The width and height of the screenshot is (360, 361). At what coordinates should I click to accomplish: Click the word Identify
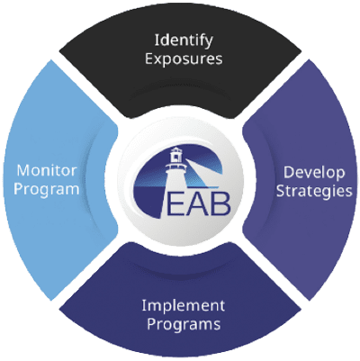(x=184, y=41)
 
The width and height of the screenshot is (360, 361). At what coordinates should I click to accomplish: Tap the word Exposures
(x=184, y=59)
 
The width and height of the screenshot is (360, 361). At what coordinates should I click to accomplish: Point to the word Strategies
(x=314, y=192)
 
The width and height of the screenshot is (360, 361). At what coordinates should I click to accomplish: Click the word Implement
(x=183, y=306)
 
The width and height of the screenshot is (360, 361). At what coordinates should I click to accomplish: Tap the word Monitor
(x=47, y=171)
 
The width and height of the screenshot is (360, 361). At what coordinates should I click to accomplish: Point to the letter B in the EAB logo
(x=220, y=204)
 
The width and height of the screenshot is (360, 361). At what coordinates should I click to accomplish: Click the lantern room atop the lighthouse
(x=176, y=155)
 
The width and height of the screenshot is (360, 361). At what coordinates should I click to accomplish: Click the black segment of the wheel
(x=180, y=87)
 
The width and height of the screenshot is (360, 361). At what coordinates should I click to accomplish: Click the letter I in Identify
(x=157, y=40)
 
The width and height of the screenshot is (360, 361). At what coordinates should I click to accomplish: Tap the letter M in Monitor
(x=23, y=171)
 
